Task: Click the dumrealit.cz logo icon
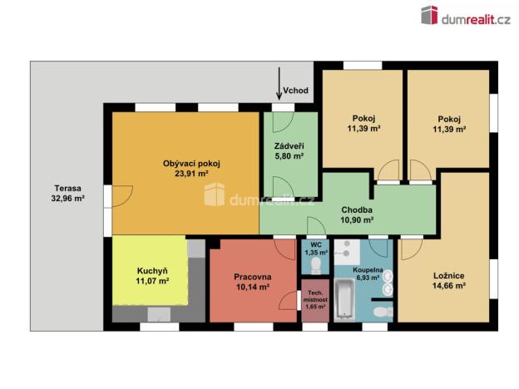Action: point(429,15)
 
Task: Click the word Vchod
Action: point(297,90)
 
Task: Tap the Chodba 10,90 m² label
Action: point(356,215)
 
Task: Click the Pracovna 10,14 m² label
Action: point(251,281)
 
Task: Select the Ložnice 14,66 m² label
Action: point(448,280)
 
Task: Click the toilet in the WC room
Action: point(315,265)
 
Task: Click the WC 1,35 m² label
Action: point(316,248)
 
